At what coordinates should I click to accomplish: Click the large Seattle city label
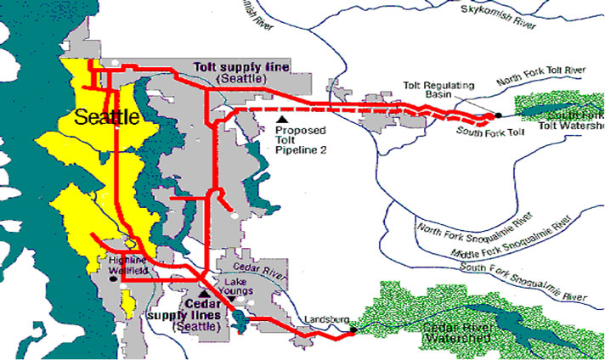click(107, 118)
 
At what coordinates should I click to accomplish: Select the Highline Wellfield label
click(127, 265)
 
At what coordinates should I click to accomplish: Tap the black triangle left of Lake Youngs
click(203, 293)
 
